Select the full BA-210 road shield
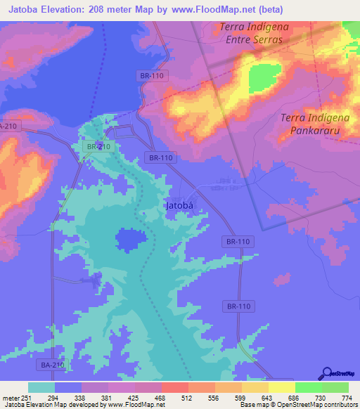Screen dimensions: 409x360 tap(51, 365)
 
